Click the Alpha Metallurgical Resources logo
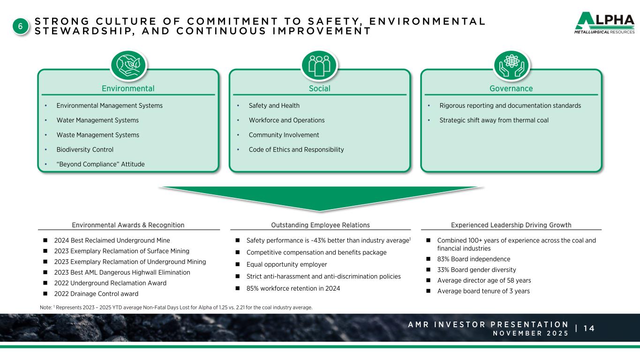click(604, 23)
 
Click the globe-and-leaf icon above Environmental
click(128, 65)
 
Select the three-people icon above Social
click(319, 65)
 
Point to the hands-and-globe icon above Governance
click(511, 65)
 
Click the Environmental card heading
click(128, 89)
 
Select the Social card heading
click(319, 89)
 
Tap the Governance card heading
click(511, 89)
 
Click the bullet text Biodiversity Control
click(85, 150)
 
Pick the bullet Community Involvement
click(284, 135)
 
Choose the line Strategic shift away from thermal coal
click(494, 120)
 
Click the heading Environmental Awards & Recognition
click(128, 225)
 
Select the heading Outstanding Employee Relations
click(320, 225)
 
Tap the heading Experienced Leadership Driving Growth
click(511, 225)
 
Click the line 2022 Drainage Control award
click(96, 294)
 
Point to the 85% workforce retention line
click(293, 288)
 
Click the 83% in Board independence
click(443, 259)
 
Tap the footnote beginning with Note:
click(176, 307)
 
